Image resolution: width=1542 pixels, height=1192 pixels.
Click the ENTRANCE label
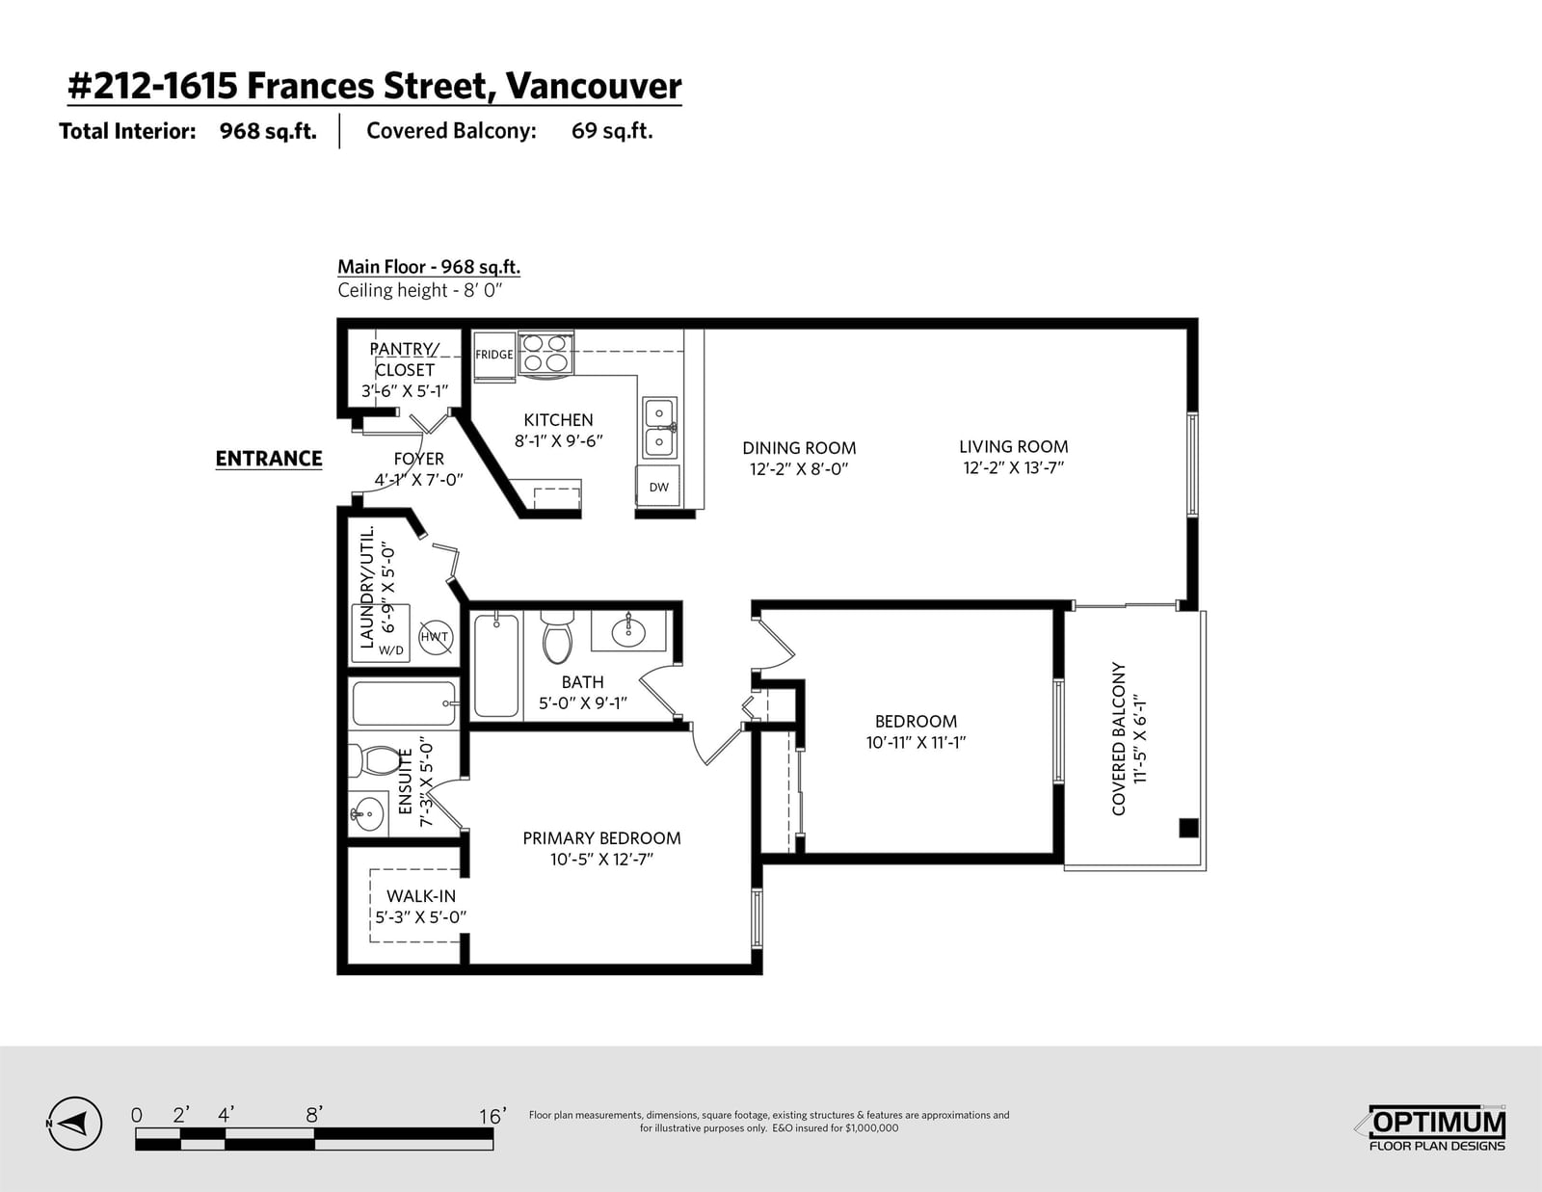(x=269, y=459)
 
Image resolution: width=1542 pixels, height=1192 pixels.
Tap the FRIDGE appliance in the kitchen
(x=493, y=357)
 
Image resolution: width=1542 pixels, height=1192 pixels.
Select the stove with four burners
(x=545, y=353)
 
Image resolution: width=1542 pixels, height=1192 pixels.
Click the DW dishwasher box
(x=658, y=487)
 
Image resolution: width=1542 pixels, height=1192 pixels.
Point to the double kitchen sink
(x=659, y=429)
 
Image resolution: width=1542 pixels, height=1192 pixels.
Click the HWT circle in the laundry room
(x=435, y=636)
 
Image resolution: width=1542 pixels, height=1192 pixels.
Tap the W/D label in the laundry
(x=391, y=649)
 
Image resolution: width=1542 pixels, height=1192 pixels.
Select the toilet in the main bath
(x=557, y=636)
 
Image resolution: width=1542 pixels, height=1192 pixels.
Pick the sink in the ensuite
(x=367, y=812)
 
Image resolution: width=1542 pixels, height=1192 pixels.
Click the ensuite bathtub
(x=405, y=703)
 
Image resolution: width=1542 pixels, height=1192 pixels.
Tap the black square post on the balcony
(x=1188, y=828)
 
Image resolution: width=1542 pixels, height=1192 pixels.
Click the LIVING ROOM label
(x=1013, y=447)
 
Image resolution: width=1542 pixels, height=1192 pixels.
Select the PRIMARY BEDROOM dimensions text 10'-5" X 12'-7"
(x=601, y=860)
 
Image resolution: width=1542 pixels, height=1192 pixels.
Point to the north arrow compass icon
(x=75, y=1124)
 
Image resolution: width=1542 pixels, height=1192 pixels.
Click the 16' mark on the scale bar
(x=492, y=1116)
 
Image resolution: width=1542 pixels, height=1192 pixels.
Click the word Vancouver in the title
(x=594, y=87)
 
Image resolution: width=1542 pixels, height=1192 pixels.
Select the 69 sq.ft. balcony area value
(x=612, y=131)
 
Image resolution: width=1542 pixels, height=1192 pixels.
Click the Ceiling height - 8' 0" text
(x=420, y=290)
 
